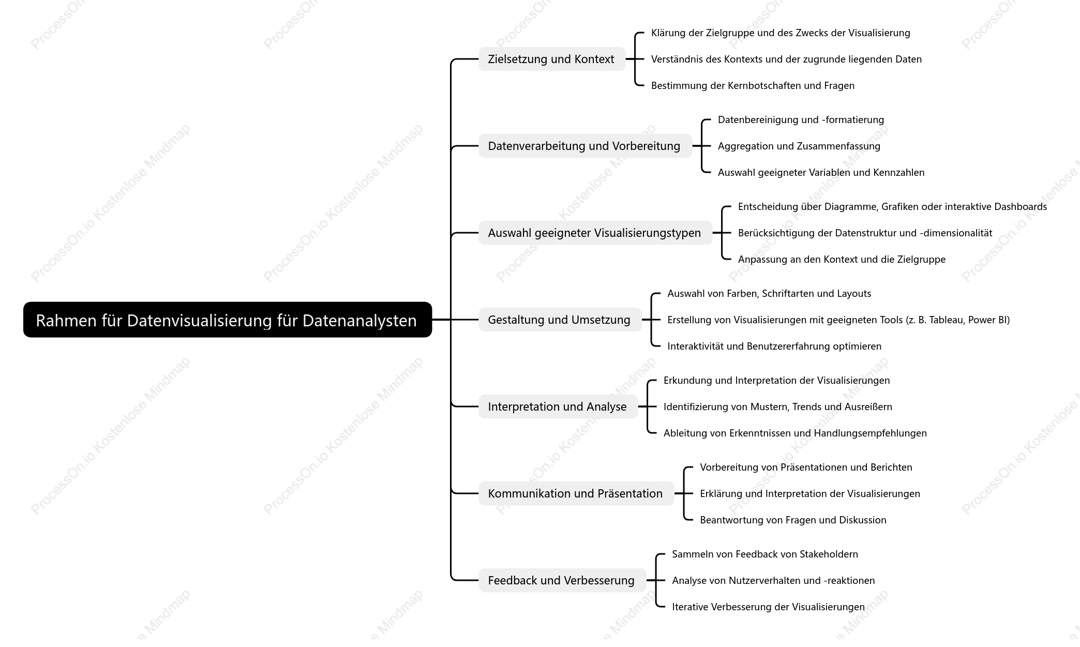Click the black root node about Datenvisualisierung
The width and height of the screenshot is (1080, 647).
(228, 320)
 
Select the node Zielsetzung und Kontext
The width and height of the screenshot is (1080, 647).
(552, 59)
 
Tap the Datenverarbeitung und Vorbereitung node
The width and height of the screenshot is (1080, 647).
(585, 146)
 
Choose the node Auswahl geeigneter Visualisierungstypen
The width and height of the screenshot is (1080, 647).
(595, 233)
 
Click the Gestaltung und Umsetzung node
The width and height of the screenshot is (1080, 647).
(560, 320)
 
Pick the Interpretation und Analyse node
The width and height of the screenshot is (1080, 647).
(558, 407)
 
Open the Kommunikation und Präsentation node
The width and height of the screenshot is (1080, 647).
(576, 493)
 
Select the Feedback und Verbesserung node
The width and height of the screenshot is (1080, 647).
(562, 580)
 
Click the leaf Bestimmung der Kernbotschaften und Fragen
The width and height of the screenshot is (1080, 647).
(753, 86)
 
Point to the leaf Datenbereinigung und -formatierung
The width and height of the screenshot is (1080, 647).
(801, 120)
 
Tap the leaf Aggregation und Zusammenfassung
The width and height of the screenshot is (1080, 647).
(799, 146)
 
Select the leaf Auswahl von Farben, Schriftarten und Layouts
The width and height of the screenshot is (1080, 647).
(769, 294)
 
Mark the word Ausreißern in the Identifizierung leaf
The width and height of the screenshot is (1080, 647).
(868, 407)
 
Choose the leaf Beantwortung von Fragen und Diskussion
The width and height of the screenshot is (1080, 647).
(793, 520)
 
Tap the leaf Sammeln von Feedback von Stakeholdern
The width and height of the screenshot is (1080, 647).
(765, 554)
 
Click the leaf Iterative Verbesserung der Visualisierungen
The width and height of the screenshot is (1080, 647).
(768, 607)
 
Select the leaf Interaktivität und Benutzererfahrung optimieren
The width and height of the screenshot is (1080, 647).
(774, 347)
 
